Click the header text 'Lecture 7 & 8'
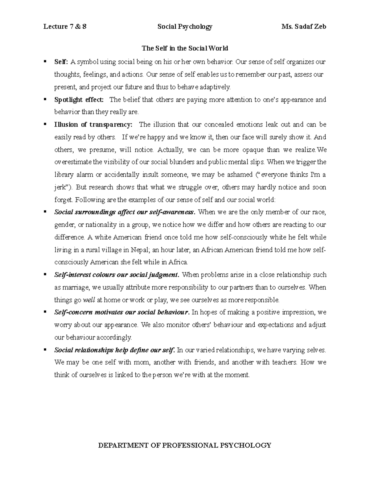click(x=65, y=27)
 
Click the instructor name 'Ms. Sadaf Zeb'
click(x=304, y=27)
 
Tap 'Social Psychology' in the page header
click(x=185, y=27)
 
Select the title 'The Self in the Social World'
click(x=185, y=48)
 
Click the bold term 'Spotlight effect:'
click(x=79, y=100)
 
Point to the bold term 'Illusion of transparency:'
click(x=93, y=125)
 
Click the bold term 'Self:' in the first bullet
click(x=61, y=62)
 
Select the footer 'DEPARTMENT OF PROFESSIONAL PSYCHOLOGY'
click(x=184, y=445)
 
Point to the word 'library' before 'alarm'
click(x=64, y=175)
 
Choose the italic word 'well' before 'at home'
click(x=89, y=300)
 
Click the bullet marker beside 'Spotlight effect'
click(x=45, y=99)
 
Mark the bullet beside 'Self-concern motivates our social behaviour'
click(x=45, y=312)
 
